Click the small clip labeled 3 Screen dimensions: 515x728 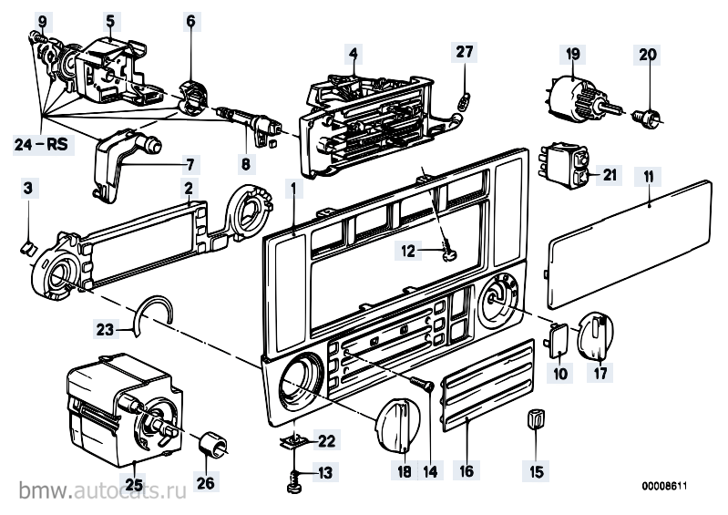tap(27, 245)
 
